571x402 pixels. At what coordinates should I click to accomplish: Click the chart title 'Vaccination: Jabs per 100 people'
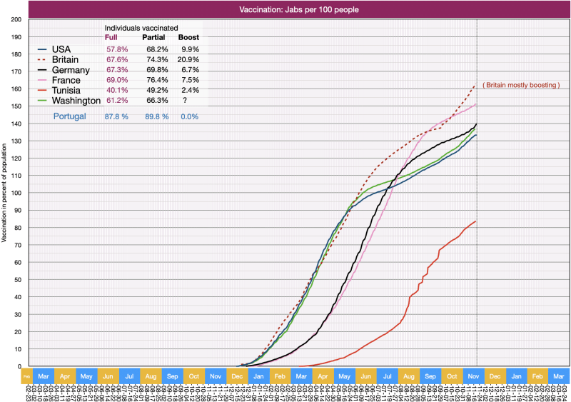(298, 9)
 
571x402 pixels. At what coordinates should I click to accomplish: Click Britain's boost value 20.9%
(188, 59)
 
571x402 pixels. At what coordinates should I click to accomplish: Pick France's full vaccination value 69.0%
(116, 80)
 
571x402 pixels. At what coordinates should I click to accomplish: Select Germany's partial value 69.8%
(156, 70)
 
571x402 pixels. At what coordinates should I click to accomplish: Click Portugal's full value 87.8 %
(116, 116)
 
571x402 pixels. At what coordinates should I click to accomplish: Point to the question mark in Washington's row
(185, 101)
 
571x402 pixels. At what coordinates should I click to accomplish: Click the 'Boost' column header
(188, 37)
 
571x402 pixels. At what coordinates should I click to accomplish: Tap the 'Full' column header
(111, 37)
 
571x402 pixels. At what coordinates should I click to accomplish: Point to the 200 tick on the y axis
(16, 19)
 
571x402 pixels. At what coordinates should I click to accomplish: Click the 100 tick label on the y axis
(16, 193)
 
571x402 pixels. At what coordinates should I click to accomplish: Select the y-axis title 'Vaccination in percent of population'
(5, 193)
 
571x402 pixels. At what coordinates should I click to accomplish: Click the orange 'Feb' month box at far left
(26, 376)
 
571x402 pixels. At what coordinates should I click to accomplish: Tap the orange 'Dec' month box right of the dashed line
(494, 376)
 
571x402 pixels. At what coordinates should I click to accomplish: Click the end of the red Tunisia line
(476, 221)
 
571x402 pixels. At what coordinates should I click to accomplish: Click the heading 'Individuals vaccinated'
(142, 27)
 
